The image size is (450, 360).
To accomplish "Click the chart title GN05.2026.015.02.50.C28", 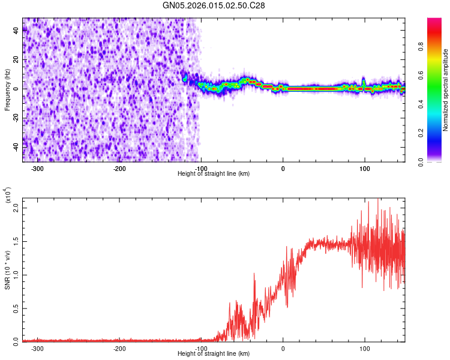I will click(x=214, y=6).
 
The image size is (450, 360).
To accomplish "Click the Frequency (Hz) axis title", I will click(x=7, y=89).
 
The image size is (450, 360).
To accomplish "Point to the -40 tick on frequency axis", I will click(x=17, y=146).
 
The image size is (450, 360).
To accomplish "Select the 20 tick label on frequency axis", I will click(x=17, y=60).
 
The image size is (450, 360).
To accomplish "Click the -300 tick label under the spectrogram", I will click(x=37, y=169).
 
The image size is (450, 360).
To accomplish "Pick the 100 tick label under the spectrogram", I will click(x=365, y=169).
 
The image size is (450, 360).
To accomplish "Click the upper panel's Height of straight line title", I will click(x=214, y=173).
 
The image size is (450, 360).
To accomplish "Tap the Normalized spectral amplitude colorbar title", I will click(x=446, y=89).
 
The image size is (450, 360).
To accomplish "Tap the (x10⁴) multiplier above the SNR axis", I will click(x=7, y=196).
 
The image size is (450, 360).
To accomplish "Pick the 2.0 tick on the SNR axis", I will click(x=17, y=207).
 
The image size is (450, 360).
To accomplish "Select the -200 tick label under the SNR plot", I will click(x=119, y=349).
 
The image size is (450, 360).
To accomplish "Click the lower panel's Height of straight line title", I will click(x=214, y=353).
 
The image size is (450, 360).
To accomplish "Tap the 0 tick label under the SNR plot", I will click(x=283, y=349).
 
